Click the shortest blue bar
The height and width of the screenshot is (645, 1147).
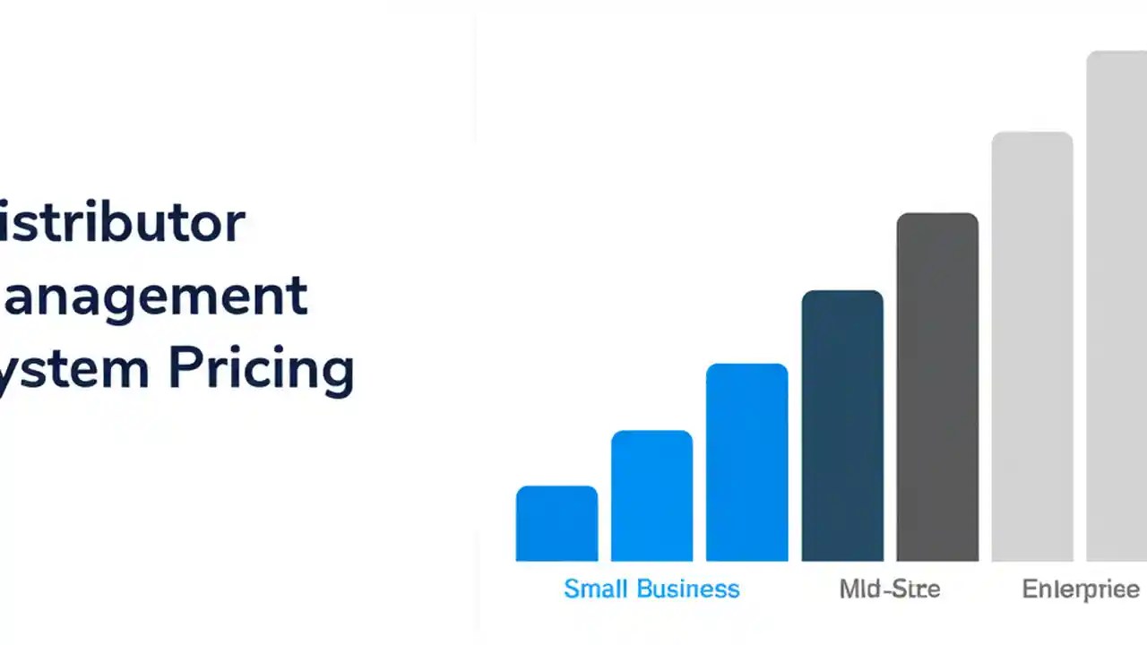pos(556,524)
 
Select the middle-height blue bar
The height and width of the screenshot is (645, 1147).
pos(651,496)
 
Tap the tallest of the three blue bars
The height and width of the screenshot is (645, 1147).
pos(746,462)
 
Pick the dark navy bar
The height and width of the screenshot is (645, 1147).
pos(842,426)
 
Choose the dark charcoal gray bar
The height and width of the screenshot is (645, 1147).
pos(937,387)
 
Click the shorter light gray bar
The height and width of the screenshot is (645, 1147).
pos(1032,347)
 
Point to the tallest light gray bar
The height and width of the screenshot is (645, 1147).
pos(1117,306)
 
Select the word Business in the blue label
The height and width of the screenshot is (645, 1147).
pos(688,589)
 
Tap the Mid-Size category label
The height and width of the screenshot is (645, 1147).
pos(890,589)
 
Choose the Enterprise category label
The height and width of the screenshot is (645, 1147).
pos(1081,589)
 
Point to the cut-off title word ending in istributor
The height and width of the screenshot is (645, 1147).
pos(121,223)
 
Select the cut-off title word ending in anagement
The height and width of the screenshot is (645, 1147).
pos(153,297)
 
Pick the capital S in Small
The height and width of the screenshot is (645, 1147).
pos(571,589)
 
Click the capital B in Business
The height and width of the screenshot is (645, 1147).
pos(644,589)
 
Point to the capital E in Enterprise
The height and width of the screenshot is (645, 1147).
pos(1029,589)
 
